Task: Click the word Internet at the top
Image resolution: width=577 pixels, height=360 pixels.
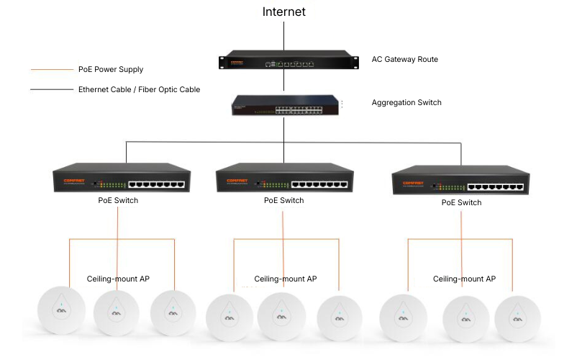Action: tap(283, 12)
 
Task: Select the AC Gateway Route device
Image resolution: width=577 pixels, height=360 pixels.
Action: tap(288, 60)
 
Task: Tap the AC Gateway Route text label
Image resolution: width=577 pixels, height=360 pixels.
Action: tap(404, 59)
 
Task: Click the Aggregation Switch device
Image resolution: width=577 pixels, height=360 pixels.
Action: tap(286, 105)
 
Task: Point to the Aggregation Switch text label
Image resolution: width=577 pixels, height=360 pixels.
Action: tap(406, 103)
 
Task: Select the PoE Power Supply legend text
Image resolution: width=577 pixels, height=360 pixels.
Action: tap(111, 70)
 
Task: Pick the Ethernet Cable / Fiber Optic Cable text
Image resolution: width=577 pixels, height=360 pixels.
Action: tap(139, 90)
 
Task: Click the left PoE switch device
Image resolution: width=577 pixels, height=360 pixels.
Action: tap(122, 180)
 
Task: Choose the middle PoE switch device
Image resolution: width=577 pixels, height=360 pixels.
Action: tap(283, 180)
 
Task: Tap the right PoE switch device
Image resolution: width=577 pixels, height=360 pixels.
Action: tap(460, 183)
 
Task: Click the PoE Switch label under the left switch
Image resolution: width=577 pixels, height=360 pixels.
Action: tap(118, 201)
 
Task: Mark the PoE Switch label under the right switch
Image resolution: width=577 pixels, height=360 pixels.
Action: tap(461, 204)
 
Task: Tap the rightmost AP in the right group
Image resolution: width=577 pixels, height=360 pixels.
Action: tap(514, 316)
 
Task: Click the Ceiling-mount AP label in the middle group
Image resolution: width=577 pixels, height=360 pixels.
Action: tap(286, 279)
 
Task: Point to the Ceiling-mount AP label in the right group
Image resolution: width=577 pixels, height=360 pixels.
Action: tap(464, 279)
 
